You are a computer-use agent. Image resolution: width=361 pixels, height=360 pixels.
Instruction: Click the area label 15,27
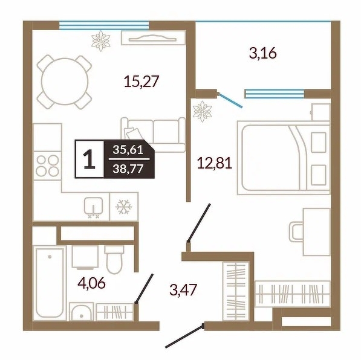[x=141, y=82]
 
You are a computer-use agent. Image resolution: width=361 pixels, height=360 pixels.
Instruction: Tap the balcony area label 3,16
[x=263, y=53]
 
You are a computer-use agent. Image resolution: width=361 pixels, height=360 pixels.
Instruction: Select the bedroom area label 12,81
[x=215, y=163]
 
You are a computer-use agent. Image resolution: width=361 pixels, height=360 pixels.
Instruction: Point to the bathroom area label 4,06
[x=92, y=283]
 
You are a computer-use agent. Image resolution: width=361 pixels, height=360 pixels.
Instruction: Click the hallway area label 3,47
[x=183, y=289]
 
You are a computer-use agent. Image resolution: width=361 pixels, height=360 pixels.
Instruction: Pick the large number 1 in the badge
[x=89, y=159]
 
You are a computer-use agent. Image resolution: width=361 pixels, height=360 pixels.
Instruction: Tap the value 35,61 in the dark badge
[x=128, y=150]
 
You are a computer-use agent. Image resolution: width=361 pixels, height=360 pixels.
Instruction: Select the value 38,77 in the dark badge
[x=128, y=169]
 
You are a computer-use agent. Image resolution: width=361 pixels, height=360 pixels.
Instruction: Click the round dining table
[x=65, y=82]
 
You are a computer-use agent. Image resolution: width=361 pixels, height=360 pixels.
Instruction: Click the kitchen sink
[x=94, y=207]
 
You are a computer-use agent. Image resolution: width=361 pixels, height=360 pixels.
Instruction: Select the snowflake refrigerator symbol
[x=124, y=207]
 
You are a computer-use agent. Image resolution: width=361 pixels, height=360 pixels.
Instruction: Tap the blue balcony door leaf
[x=230, y=100]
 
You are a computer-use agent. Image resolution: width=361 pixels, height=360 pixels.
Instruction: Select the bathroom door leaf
[x=144, y=289]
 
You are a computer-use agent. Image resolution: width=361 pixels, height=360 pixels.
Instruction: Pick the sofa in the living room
[x=153, y=135]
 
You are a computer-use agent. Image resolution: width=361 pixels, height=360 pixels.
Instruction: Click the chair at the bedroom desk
[x=296, y=231]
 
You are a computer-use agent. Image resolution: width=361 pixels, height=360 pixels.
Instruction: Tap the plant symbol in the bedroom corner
[x=203, y=111]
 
